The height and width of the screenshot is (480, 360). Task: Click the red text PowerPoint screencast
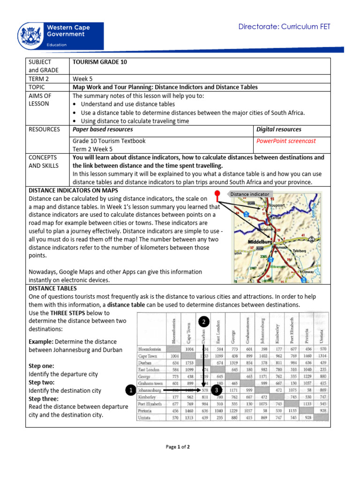pos(286,141)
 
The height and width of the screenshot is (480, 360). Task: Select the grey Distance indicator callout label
pos(249,194)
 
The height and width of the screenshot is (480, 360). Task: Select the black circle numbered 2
pos(203,322)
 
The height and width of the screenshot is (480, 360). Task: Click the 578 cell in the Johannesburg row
pos(204,390)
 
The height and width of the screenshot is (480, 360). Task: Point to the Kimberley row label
pos(147,397)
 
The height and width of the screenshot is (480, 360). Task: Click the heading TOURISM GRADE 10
pos(99,62)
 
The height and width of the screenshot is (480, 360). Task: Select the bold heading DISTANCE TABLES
pos(52,288)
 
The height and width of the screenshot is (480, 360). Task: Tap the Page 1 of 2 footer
pos(178,447)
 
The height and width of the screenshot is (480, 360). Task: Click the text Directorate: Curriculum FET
pos(285,27)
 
